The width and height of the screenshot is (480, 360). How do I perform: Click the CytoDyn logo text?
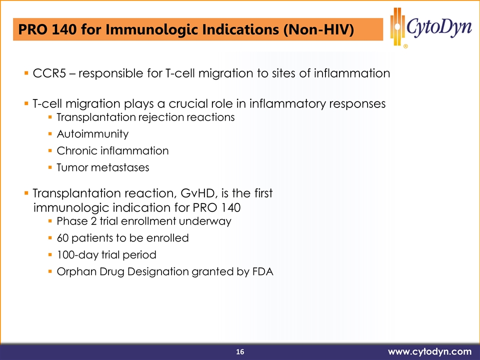[439, 27]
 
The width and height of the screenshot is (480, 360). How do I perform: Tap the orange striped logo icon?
[397, 26]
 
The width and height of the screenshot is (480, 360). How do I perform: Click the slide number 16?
[240, 351]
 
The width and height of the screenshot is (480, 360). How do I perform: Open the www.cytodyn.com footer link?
[430, 351]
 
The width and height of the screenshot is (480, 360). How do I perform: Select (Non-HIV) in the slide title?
[318, 29]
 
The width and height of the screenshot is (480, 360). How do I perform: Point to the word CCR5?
[49, 73]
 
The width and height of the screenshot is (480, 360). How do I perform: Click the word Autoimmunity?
[93, 134]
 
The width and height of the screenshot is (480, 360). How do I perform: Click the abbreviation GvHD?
[198, 193]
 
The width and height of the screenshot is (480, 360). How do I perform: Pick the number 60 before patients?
[62, 238]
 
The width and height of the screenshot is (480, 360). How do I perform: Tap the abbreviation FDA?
[263, 271]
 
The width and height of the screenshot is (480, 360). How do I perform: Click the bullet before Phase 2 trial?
[50, 220]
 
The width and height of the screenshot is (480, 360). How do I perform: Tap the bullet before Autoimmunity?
[50, 134]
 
